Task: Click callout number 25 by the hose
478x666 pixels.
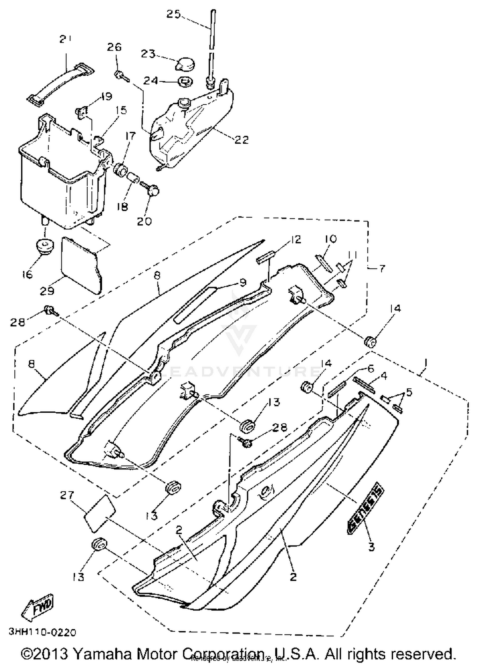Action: (x=174, y=14)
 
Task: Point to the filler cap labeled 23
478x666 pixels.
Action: (x=185, y=64)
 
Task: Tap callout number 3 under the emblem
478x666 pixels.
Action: (x=371, y=547)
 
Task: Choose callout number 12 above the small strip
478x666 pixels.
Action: (x=296, y=239)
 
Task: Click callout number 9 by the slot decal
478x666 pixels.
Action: (x=243, y=282)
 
